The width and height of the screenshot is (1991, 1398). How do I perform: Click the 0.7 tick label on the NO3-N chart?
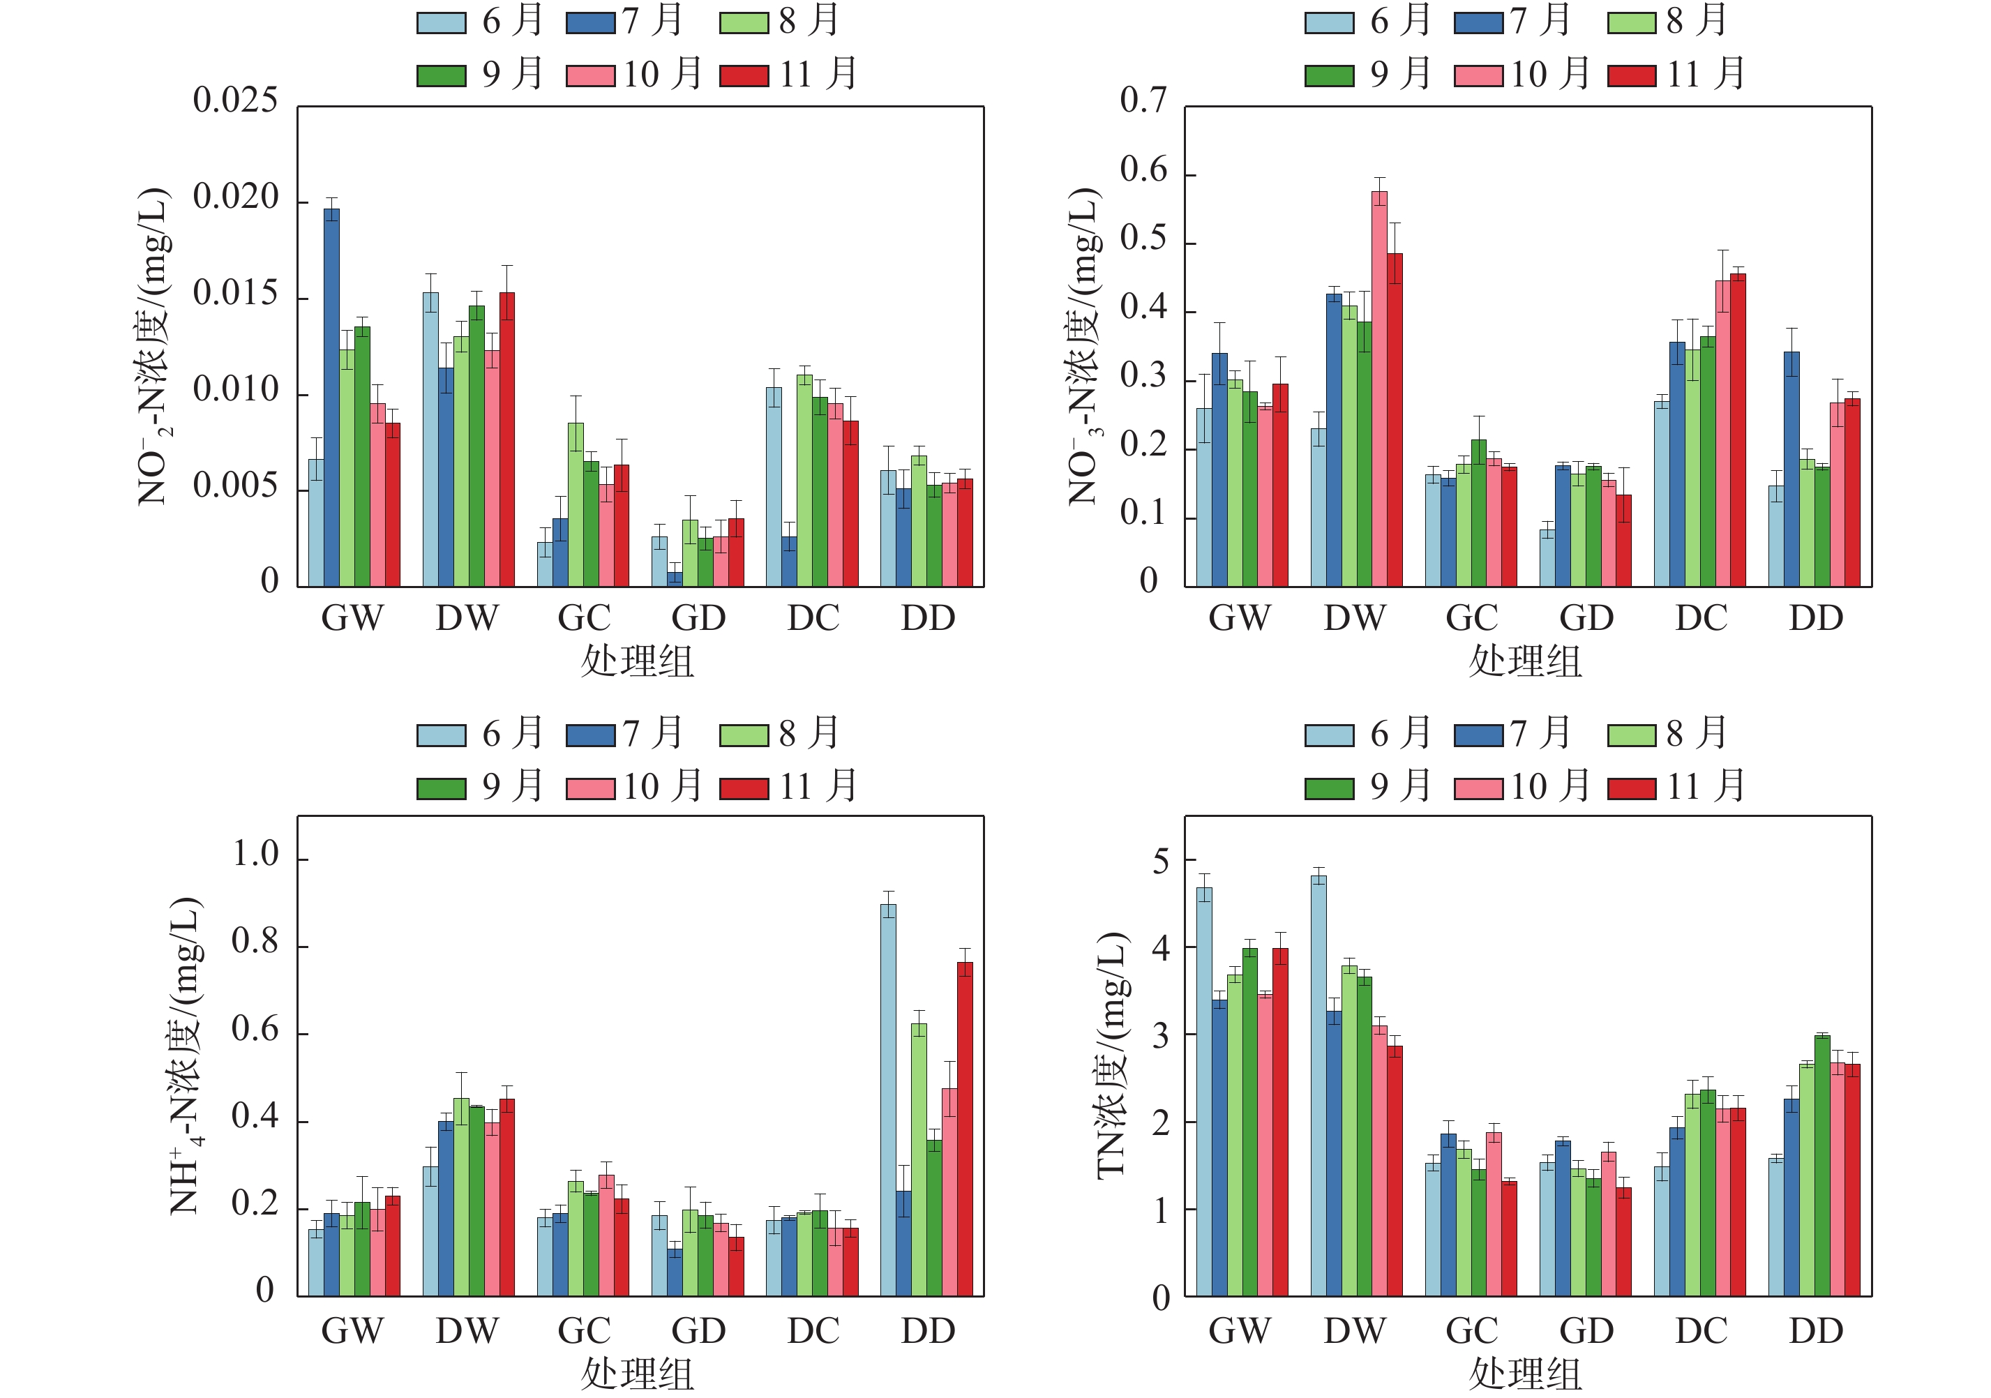(1143, 101)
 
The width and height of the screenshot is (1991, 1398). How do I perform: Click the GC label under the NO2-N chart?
(584, 618)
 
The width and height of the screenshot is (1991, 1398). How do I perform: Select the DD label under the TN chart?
(1816, 1331)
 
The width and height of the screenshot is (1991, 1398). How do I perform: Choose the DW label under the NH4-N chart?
(467, 1331)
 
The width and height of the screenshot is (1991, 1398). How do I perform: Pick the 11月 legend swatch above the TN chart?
(1631, 788)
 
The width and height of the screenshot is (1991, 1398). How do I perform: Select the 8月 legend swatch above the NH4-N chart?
(743, 735)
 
